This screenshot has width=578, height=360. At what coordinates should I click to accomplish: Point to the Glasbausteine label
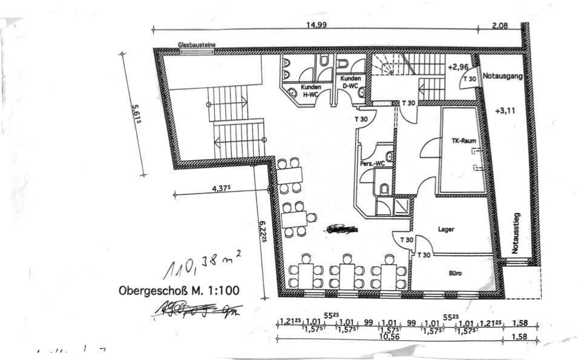tap(197, 45)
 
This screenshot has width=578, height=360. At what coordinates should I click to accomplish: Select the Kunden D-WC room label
tap(350, 82)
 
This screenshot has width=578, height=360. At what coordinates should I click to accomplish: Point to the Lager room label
tap(446, 229)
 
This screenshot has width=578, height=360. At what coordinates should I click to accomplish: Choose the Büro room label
tap(456, 273)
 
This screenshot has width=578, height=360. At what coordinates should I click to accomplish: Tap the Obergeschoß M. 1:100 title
tap(179, 291)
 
